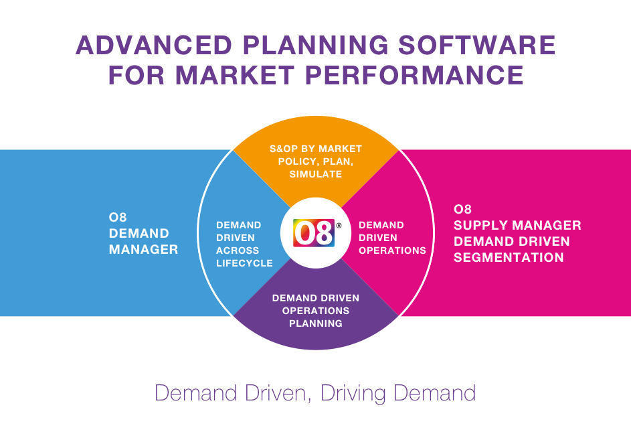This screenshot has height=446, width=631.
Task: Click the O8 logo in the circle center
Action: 314,233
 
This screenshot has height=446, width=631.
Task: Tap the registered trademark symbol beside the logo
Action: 339,226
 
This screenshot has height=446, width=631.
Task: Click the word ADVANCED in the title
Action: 154,45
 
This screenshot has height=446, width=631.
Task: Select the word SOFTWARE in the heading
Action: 477,45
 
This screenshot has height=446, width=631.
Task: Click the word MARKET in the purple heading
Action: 235,75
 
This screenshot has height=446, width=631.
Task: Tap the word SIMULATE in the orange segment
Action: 316,174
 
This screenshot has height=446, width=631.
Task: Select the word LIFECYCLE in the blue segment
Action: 245,263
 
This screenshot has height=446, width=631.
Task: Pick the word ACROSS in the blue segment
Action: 238,250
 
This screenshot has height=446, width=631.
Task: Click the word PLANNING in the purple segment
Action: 316,323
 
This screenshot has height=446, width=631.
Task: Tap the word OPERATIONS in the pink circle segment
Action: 392,250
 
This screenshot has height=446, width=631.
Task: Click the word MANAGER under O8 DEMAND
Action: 144,249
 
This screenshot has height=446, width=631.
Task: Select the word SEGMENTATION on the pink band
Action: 509,257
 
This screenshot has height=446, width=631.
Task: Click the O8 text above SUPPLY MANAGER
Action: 462,209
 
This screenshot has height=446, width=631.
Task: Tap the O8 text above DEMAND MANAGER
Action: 118,217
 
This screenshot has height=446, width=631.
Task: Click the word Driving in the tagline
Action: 353,393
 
